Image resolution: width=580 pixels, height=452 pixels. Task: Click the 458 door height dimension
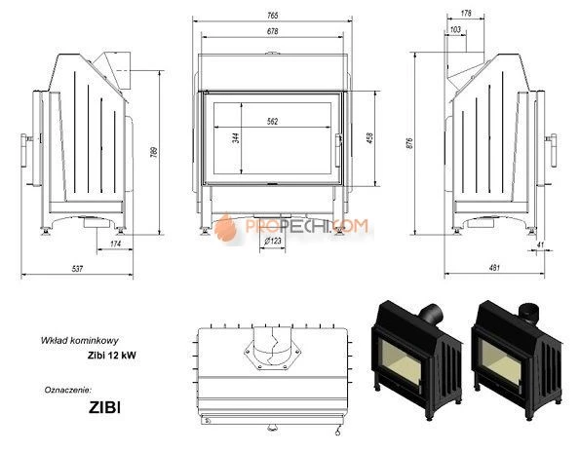click(x=368, y=137)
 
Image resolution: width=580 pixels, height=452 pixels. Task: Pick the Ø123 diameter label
click(x=273, y=241)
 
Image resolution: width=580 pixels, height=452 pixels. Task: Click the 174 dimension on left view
click(x=117, y=243)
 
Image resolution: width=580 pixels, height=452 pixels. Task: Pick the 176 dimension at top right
click(x=465, y=14)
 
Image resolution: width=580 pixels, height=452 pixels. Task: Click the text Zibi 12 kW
click(x=109, y=356)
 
